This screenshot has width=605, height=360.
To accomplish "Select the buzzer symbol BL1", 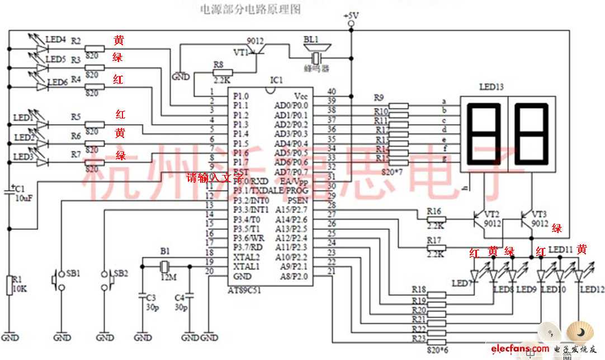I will coord(316,58).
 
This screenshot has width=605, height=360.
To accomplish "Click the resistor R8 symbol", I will coord(223,73).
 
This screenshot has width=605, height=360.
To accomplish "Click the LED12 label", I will coord(592,289).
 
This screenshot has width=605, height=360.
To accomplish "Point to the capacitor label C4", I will coord(180,297).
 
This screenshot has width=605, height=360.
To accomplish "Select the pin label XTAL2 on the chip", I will coord(247,257).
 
